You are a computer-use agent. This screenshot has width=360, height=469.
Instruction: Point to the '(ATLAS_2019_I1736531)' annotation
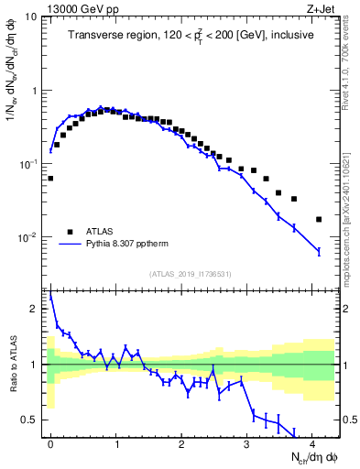(191, 274)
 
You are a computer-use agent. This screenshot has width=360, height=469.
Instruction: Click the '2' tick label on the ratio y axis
(35, 310)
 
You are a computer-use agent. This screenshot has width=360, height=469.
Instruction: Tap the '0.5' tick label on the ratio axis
(31, 420)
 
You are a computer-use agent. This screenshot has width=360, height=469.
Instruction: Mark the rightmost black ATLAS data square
(319, 219)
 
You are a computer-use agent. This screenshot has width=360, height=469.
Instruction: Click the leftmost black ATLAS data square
(50, 179)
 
